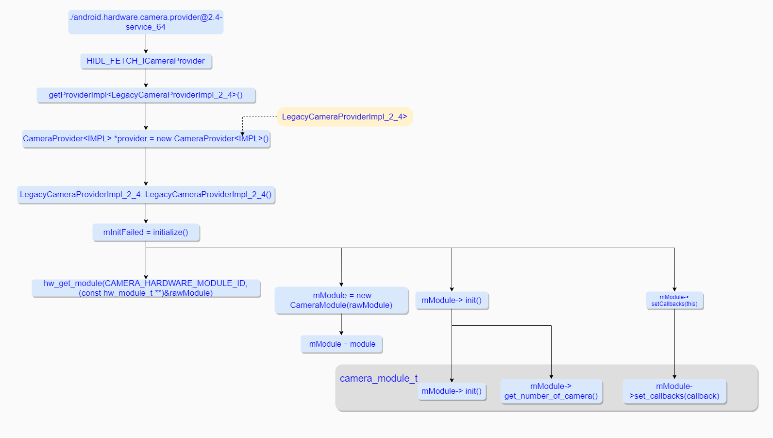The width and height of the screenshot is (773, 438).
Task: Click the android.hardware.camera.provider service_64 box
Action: click(146, 22)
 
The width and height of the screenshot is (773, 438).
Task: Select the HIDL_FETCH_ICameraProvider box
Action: click(146, 61)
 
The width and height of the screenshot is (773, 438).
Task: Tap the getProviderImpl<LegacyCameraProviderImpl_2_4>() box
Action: click(146, 95)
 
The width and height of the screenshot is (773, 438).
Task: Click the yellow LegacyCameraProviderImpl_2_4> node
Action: click(344, 117)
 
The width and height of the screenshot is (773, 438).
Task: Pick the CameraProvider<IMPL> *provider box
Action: click(146, 139)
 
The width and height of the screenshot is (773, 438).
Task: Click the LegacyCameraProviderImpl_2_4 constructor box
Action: click(146, 195)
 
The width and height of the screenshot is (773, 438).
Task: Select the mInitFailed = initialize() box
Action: click(146, 233)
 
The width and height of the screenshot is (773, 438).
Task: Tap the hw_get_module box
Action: click(146, 288)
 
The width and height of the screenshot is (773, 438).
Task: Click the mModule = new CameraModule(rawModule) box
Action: click(341, 301)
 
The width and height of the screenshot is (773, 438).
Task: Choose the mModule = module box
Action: click(342, 344)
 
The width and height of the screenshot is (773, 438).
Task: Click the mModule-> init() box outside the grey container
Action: click(452, 301)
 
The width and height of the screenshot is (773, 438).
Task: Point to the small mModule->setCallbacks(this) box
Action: click(674, 301)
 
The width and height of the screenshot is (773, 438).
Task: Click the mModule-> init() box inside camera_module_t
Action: click(452, 391)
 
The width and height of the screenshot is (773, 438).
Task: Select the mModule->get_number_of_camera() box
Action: click(551, 391)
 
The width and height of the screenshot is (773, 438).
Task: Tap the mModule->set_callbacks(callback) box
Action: click(674, 391)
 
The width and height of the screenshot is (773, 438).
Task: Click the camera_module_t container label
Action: click(378, 378)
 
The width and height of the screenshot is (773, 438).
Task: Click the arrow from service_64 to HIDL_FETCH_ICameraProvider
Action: click(146, 44)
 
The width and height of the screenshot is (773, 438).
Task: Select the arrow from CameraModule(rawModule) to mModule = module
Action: click(341, 324)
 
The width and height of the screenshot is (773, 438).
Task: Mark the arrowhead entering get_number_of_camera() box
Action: click(551, 376)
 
